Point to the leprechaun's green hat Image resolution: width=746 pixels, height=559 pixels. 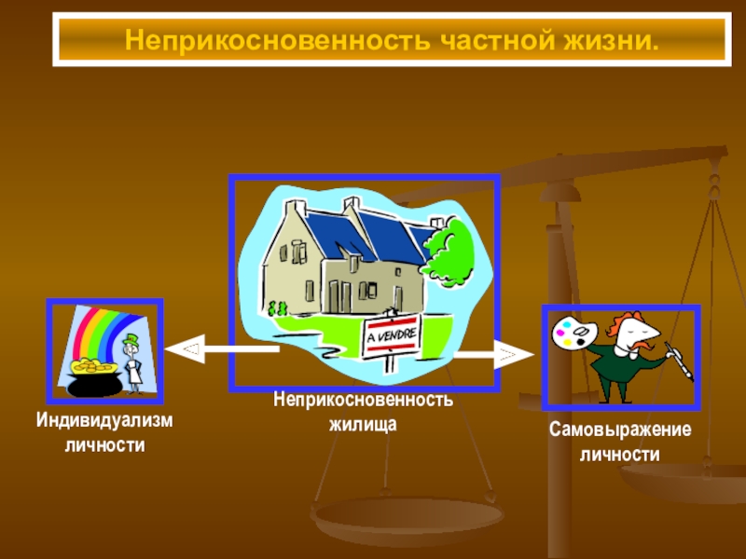point(132,339)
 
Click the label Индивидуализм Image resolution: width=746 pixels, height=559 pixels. point(104,421)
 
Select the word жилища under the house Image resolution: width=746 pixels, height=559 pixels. point(364,424)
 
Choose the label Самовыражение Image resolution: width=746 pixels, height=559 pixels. point(620,430)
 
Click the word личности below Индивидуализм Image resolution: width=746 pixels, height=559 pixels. point(104,445)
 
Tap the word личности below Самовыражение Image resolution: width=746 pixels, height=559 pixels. point(620,455)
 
